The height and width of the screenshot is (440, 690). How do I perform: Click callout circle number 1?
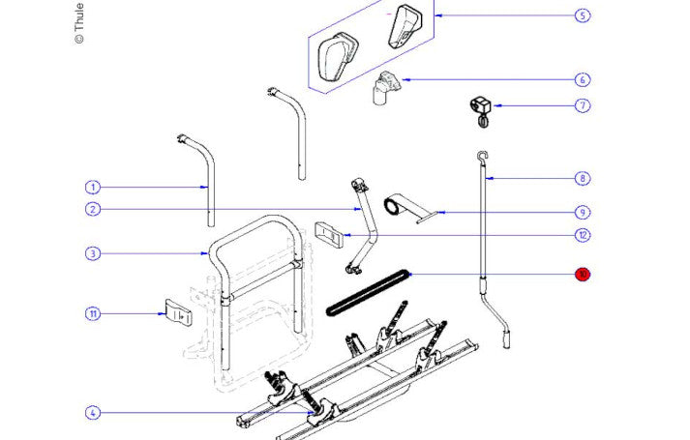[x=93, y=187]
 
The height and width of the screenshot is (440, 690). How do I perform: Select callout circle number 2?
[x=93, y=210]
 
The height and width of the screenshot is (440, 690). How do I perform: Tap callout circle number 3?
[x=93, y=254]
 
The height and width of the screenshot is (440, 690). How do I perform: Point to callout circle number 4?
[x=93, y=414]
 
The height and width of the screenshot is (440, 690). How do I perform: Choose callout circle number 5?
[x=582, y=15]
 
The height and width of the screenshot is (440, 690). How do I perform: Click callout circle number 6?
[x=582, y=80]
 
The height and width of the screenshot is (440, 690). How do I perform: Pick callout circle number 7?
[x=582, y=105]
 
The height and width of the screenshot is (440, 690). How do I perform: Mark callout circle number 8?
[x=582, y=178]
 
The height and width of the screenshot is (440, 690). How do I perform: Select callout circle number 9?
[x=582, y=212]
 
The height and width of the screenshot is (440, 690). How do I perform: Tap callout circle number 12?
[x=582, y=235]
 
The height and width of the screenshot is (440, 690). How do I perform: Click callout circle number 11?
[x=93, y=313]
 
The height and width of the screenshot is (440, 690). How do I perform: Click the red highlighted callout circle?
[x=582, y=275]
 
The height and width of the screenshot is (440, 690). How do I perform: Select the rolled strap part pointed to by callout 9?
[x=397, y=206]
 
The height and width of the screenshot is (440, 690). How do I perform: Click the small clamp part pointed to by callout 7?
[x=480, y=107]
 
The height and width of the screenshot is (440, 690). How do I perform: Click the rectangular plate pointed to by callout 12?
[x=329, y=235]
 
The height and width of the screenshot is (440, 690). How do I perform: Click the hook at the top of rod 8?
[x=480, y=156]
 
